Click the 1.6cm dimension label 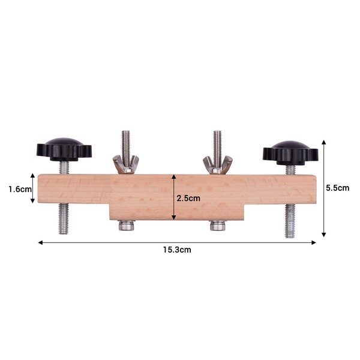[20, 190]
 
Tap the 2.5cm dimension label [188, 198]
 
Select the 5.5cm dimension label [337, 188]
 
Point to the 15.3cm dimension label [177, 250]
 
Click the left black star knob [64, 149]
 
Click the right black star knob [290, 153]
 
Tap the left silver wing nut [125, 164]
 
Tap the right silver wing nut [217, 164]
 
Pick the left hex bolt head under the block [126, 226]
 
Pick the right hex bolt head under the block [218, 226]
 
